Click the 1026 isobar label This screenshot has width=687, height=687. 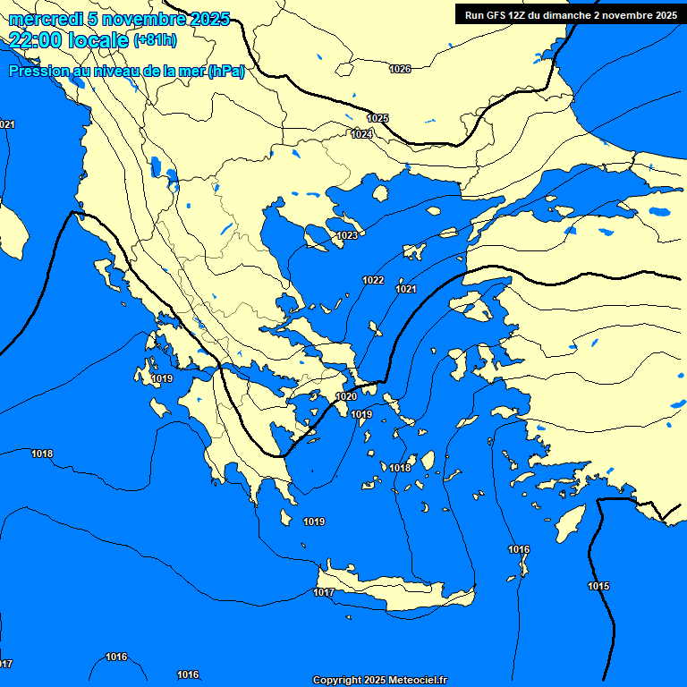click(400, 69)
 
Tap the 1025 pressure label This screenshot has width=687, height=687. click(377, 118)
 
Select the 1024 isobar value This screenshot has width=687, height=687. click(361, 134)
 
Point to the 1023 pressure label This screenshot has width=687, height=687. click(347, 235)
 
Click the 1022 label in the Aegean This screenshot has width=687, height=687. click(373, 280)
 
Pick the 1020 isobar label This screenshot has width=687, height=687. click(346, 396)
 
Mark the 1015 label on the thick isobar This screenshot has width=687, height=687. click(598, 586)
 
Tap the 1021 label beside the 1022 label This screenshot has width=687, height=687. click(406, 289)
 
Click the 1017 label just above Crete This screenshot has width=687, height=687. click(324, 593)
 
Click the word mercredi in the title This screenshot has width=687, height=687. click(46, 19)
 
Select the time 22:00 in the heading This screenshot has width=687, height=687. click(37, 39)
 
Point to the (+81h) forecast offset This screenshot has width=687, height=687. click(155, 40)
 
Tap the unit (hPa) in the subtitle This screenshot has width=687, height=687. click(225, 72)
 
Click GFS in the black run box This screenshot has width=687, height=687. click(497, 15)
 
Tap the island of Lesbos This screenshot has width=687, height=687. click(475, 305)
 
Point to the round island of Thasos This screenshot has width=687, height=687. click(380, 193)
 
